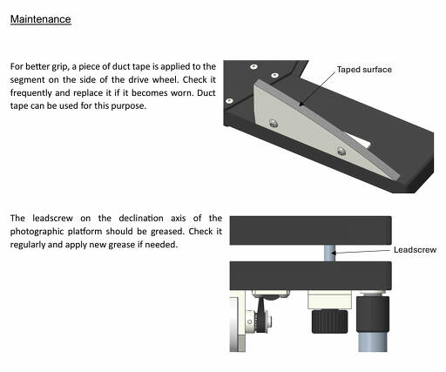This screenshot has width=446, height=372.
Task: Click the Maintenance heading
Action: (41, 19)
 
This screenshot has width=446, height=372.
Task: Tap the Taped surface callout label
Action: (364, 70)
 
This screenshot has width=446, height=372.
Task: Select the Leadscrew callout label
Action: (415, 250)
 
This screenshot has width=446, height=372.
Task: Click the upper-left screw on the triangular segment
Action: (274, 124)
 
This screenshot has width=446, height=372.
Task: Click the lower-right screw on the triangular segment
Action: (341, 151)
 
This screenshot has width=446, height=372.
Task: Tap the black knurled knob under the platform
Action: (329, 321)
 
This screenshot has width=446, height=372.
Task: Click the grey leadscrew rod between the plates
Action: (329, 253)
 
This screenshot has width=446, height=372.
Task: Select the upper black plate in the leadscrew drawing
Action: (310, 230)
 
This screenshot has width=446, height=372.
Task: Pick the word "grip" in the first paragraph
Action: (60, 67)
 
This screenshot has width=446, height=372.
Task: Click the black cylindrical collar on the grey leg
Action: (373, 315)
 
